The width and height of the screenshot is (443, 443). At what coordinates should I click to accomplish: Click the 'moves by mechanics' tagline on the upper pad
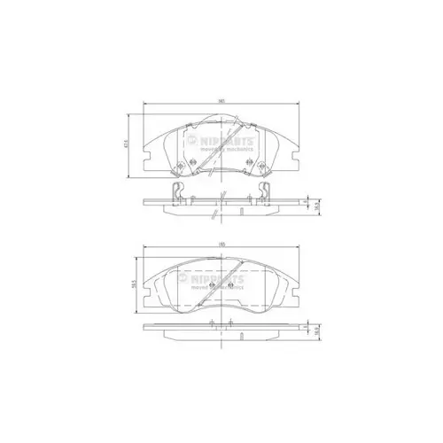click(229, 150)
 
